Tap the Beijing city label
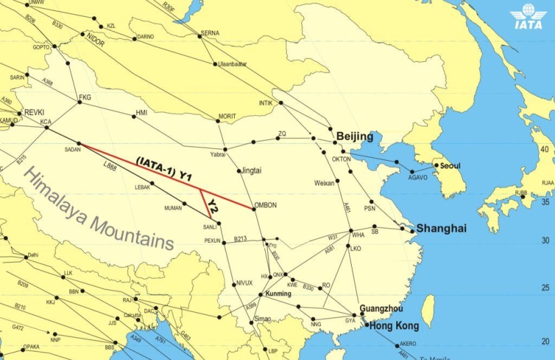(x=355, y=137)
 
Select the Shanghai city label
(x=441, y=229)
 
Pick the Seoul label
(x=449, y=166)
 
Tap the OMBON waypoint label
(x=266, y=205)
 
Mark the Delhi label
(x=34, y=255)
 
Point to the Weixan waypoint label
(x=324, y=183)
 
